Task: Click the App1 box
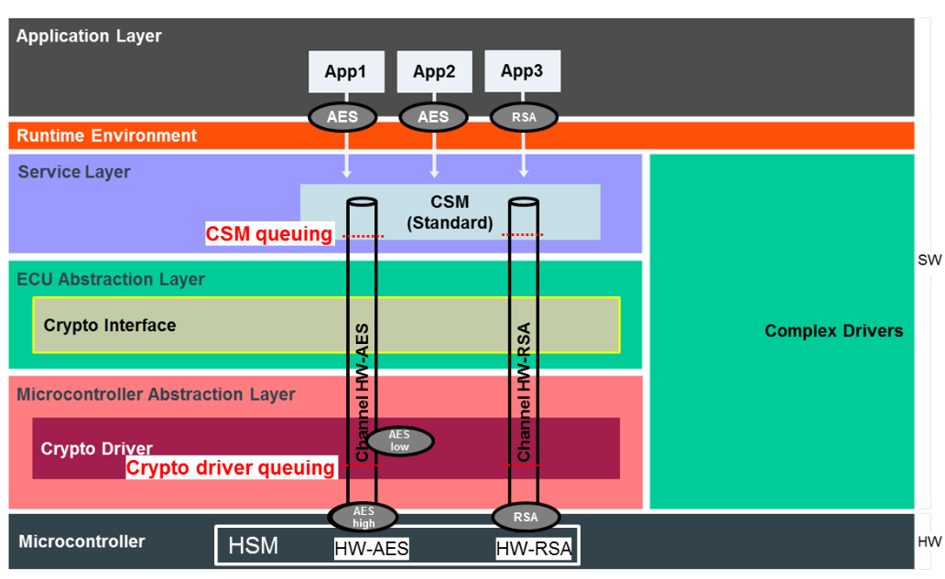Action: (345, 71)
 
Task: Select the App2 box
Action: (434, 71)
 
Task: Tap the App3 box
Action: (522, 71)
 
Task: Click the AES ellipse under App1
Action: (342, 117)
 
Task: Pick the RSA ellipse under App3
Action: (525, 117)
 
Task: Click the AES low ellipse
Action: (398, 441)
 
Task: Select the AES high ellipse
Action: (364, 518)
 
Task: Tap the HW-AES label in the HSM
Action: (371, 549)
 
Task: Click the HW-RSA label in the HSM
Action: (534, 549)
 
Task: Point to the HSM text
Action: (253, 547)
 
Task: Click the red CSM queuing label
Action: (269, 234)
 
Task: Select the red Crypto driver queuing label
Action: (231, 468)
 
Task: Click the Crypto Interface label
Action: (110, 325)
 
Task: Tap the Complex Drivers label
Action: (833, 331)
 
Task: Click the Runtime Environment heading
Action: (107, 136)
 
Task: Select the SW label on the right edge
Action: (929, 261)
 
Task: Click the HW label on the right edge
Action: (929, 542)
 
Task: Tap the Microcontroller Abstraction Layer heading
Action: (156, 394)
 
